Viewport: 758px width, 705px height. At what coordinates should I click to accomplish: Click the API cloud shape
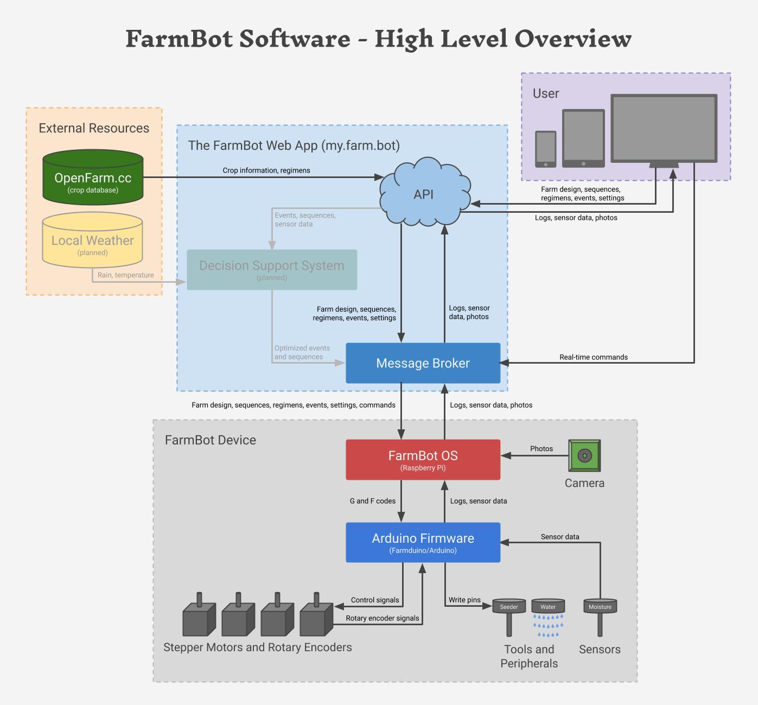(424, 193)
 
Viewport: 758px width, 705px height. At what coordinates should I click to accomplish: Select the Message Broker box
(423, 363)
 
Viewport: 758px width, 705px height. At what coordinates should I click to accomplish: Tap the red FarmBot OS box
(423, 460)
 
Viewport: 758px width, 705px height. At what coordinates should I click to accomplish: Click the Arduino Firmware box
(423, 542)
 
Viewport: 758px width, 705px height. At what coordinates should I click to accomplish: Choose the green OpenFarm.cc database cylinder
(93, 178)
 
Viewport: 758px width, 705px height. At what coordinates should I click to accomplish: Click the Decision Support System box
(272, 270)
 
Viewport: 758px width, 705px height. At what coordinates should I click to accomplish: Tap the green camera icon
(584, 456)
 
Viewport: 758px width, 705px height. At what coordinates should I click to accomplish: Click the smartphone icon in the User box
(545, 149)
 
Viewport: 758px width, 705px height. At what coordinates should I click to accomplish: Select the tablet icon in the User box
(583, 138)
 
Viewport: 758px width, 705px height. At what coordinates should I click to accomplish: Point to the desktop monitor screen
(664, 128)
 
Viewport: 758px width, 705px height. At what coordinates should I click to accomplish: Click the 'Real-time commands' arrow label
(594, 357)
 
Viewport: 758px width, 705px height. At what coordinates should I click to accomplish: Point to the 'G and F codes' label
(373, 501)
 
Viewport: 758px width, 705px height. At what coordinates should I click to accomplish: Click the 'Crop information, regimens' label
(266, 170)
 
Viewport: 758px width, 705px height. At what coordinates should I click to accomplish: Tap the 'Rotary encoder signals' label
(383, 618)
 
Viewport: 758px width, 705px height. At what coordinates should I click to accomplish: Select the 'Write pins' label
(464, 600)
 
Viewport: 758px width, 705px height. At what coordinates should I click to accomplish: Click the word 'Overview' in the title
(573, 39)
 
